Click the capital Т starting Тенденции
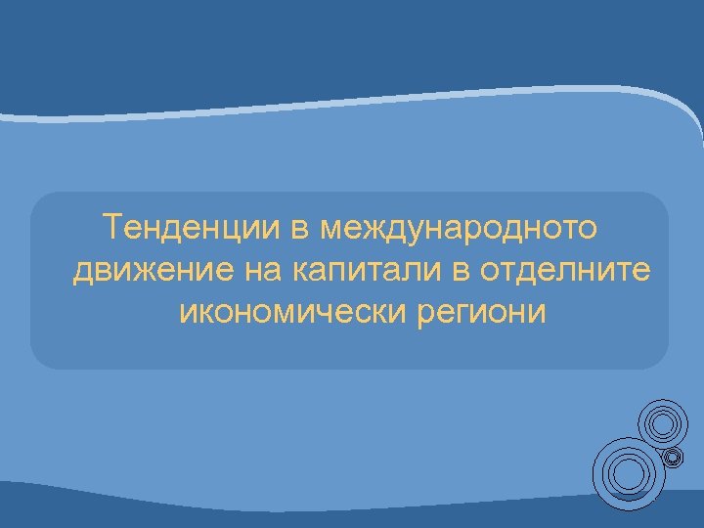point(113,228)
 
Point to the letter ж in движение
point(127,271)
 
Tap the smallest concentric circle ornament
point(672,457)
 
